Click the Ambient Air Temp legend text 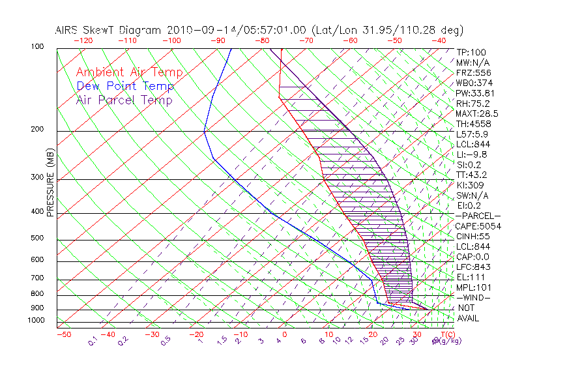pyautogui.click(x=129, y=72)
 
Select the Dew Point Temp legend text pyautogui.click(x=125, y=86)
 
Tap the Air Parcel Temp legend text pyautogui.click(x=124, y=100)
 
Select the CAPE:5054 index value pyautogui.click(x=478, y=226)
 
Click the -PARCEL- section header pyautogui.click(x=478, y=216)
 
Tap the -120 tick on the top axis pyautogui.click(x=83, y=40)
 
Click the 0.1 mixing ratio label pyautogui.click(x=92, y=340)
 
